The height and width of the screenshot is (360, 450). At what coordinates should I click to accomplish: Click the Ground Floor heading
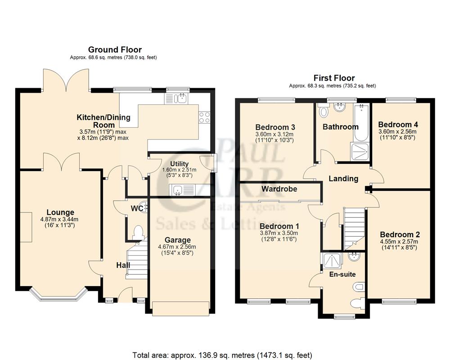(x=115, y=49)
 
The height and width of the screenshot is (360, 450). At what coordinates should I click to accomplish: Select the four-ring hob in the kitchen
(x=204, y=117)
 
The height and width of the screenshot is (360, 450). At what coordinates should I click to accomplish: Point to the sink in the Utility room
(x=181, y=190)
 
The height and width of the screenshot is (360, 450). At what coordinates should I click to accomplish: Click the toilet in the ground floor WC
(x=138, y=233)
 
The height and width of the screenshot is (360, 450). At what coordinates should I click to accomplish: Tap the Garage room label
(x=177, y=240)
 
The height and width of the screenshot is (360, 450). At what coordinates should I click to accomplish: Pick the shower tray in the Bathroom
(x=359, y=152)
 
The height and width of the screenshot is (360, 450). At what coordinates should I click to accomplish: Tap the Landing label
(x=343, y=179)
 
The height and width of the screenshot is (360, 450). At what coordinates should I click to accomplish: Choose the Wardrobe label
(x=279, y=189)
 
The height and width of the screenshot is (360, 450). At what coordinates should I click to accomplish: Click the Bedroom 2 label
(x=400, y=234)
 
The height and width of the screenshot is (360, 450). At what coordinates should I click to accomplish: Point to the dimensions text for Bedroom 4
(x=397, y=134)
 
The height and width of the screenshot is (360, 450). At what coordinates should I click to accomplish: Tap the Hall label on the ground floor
(x=123, y=265)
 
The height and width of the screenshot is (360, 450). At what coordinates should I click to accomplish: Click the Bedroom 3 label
(x=274, y=127)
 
